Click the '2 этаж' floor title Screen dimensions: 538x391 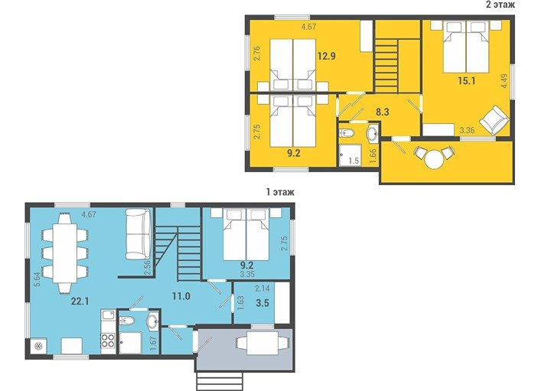click(500, 5)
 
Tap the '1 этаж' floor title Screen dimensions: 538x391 click(280, 192)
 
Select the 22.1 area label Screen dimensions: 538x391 click(80, 301)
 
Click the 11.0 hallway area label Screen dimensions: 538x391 click(181, 296)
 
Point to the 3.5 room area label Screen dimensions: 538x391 click(262, 303)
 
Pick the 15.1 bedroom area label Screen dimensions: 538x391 click(467, 81)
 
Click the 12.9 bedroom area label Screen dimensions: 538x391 click(326, 56)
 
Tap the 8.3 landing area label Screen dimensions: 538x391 click(383, 112)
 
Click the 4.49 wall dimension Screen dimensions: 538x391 click(504, 81)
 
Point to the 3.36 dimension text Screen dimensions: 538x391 click(467, 130)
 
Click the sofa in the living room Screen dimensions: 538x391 click(138, 234)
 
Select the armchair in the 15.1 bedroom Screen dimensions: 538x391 click(494, 120)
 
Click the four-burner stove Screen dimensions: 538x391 click(108, 340)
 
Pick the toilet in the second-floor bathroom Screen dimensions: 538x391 click(345, 132)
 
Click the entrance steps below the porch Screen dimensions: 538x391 click(220, 381)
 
